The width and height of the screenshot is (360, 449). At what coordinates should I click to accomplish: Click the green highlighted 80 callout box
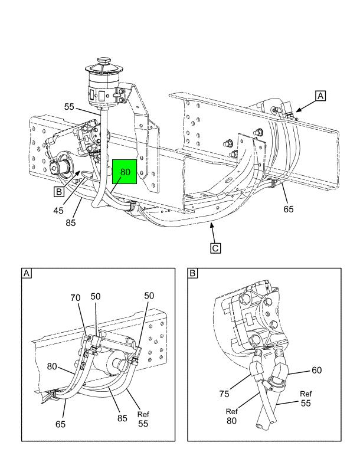click(125, 172)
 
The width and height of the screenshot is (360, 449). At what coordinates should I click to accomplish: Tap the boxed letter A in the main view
click(320, 96)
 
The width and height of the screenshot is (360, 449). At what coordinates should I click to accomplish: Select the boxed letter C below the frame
click(215, 248)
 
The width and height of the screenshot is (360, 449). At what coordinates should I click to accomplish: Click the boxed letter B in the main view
click(58, 191)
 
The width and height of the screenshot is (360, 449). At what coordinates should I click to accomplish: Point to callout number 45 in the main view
click(58, 211)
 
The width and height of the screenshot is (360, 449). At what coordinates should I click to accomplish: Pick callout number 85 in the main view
click(70, 222)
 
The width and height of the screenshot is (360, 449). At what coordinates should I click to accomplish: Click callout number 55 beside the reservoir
click(69, 107)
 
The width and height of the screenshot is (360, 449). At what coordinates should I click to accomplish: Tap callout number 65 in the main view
click(289, 209)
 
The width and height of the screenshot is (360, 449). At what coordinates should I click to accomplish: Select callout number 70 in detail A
click(76, 298)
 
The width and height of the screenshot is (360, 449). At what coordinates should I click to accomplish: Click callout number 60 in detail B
click(316, 371)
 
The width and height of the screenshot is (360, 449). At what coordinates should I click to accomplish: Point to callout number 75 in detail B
click(224, 394)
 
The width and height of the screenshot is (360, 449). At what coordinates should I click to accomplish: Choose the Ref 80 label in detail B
click(231, 416)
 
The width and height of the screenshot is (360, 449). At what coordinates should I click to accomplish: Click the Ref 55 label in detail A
click(143, 419)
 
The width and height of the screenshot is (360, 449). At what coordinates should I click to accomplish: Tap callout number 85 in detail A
click(122, 418)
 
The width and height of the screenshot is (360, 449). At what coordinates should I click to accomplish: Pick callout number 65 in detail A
click(60, 424)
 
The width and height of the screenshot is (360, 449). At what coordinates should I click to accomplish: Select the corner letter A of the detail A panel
click(27, 273)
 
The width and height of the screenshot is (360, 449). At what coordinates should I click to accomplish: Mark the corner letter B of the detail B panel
click(192, 273)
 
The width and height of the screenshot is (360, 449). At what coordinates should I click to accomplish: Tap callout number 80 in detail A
click(52, 366)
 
